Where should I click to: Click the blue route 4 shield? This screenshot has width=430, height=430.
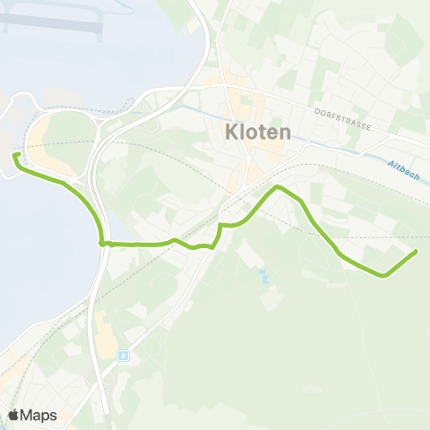pos(123,355)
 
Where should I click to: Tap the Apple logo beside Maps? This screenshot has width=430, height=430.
pos(14,415)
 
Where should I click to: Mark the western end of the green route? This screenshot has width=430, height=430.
pos(16,157)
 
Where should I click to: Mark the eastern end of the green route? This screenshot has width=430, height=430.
pos(417,252)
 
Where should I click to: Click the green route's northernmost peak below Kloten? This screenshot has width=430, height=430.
pos(279,186)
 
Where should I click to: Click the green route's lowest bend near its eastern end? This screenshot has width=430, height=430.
pos(383,274)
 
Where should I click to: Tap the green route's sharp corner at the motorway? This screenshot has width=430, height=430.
pos(102,242)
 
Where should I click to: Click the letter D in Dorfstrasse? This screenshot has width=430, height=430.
pos(318,111)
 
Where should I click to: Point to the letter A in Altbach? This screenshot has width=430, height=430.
pos(392,164)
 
